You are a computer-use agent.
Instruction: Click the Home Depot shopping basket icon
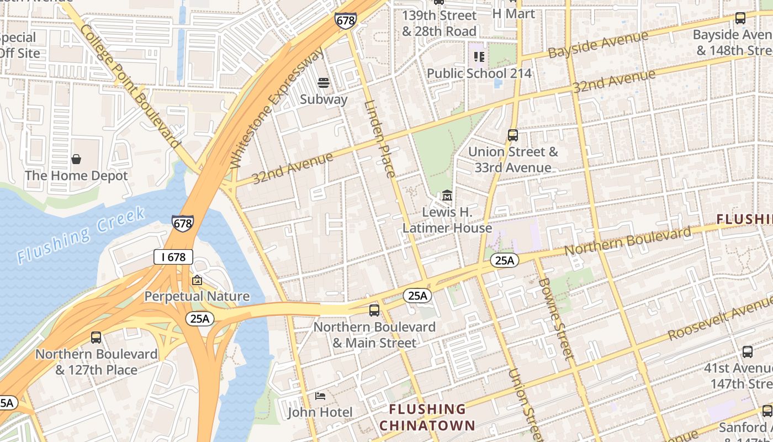[x=76, y=159]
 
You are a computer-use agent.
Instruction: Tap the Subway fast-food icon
[x=324, y=83]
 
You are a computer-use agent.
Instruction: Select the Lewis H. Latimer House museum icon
[x=447, y=196]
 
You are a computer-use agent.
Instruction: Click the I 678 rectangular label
[x=173, y=256]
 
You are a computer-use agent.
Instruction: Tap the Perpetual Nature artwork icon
[x=197, y=281]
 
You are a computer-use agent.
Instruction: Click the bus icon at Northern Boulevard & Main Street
[x=374, y=310]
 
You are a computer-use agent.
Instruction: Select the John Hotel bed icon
[x=320, y=396]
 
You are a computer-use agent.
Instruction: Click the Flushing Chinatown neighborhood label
[x=427, y=417]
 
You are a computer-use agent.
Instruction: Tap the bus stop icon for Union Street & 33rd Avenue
[x=513, y=135]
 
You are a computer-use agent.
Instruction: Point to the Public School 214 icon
[x=479, y=56]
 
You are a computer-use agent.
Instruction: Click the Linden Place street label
[x=380, y=138]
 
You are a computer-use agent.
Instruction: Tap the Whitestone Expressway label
[x=278, y=107]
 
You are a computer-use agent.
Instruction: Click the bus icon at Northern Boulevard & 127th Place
[x=96, y=337]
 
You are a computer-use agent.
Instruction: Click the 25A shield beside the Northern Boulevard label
[x=504, y=260]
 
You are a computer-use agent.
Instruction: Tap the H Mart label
[x=513, y=13]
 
